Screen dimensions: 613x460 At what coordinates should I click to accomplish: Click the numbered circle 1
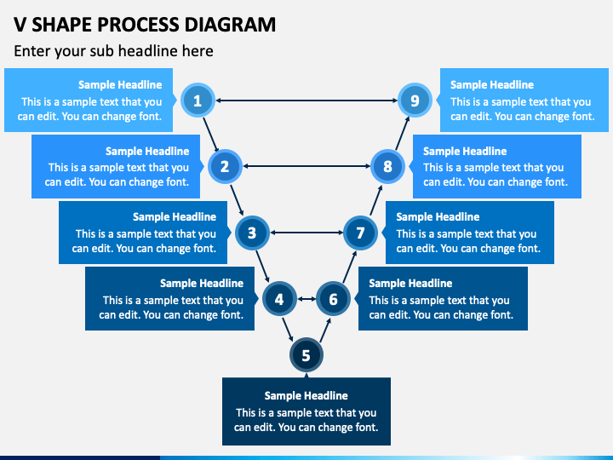[198, 101]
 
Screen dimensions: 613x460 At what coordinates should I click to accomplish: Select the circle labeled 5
[306, 355]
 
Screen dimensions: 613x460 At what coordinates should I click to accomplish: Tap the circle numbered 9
[415, 101]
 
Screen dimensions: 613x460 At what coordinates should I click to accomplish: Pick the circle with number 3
[252, 233]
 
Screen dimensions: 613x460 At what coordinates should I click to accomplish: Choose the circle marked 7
[360, 233]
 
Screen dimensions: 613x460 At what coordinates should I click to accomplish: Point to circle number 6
[333, 299]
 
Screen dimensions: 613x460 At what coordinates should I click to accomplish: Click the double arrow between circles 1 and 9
[306, 101]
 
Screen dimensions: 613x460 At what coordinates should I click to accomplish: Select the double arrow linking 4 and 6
[306, 299]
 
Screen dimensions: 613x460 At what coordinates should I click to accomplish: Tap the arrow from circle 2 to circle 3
[237, 200]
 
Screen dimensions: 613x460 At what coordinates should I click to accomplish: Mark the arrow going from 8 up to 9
[402, 133]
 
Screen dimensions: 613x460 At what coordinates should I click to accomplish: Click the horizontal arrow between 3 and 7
[306, 233]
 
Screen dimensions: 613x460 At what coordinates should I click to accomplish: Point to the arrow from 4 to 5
[288, 330]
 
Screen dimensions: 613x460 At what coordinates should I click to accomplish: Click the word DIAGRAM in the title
[230, 25]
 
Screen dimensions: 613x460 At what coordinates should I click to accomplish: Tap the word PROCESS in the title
[139, 25]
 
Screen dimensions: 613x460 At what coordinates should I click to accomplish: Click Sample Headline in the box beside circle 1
[120, 85]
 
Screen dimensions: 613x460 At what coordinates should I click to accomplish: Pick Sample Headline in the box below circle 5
[306, 396]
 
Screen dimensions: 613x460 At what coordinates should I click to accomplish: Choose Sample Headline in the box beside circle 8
[465, 152]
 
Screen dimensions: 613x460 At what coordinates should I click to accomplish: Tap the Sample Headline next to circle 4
[202, 283]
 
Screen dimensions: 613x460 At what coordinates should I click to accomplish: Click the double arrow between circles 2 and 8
[306, 166]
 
